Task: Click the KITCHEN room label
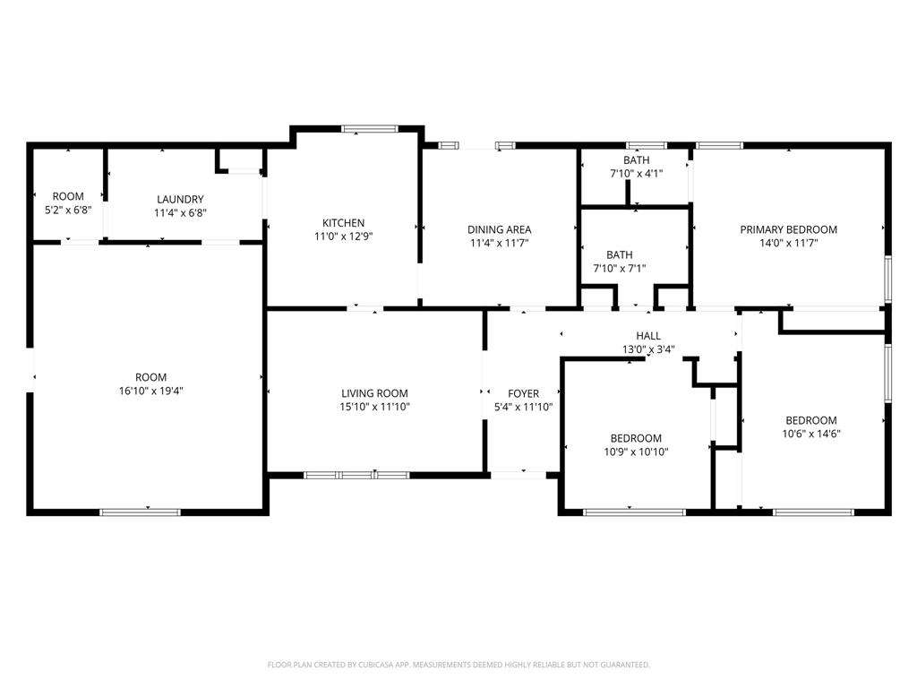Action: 343,223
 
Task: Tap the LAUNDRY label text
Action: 180,200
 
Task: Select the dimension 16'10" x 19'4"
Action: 150,391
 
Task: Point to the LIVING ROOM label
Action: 375,394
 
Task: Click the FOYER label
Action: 523,394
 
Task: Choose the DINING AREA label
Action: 500,230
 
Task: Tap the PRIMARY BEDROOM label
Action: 788,230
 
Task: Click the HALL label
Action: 648,336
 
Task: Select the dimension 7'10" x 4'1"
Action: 637,174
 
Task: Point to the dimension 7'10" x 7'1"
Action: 620,269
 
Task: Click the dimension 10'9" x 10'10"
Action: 637,451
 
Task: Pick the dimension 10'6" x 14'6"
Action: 811,434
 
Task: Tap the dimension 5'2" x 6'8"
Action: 68,210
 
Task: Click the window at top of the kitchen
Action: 370,129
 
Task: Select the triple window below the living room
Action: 356,475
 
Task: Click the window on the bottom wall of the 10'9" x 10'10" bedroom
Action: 635,512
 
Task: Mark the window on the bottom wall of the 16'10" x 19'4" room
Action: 140,512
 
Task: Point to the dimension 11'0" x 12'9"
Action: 343,236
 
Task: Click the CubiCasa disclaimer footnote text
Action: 458,665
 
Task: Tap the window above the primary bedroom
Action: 719,146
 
